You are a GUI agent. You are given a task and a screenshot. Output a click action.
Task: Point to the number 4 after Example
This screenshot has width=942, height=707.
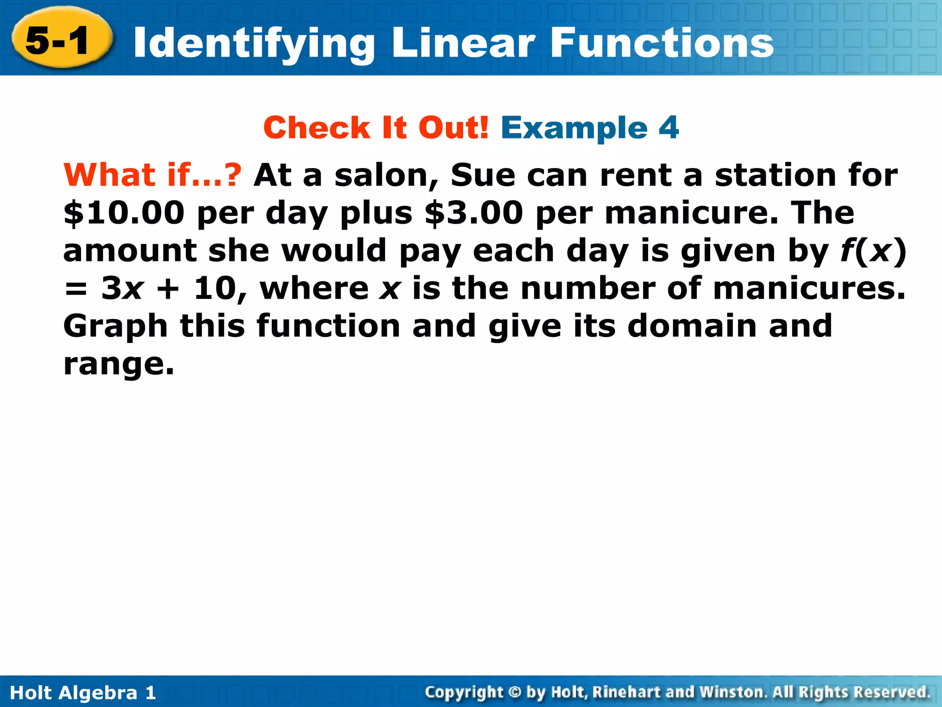point(668,127)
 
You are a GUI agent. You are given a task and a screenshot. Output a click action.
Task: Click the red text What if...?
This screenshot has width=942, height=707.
point(152,175)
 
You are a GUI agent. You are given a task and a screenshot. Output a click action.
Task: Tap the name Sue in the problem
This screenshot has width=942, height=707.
point(482,175)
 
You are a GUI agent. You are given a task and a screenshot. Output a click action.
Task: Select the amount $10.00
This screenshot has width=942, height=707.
point(124,213)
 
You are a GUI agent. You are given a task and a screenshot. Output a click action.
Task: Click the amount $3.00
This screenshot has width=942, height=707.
point(474,213)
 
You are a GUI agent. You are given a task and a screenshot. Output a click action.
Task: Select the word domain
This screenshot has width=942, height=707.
point(692,326)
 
